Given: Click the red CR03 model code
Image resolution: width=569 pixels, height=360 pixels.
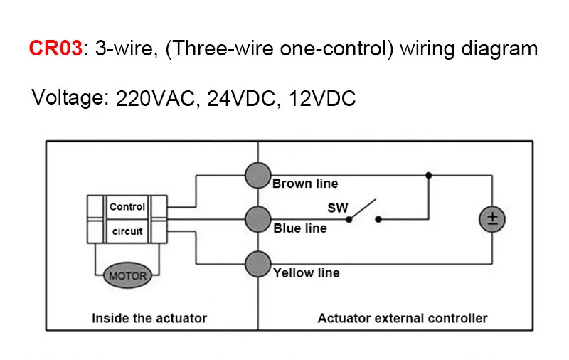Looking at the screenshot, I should (55, 48).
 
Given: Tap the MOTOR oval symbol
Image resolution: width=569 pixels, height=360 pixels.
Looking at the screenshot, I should (127, 275).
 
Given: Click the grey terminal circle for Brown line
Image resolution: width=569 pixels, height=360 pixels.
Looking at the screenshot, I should (257, 174).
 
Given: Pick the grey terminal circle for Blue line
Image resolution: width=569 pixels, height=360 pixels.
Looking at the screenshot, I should (257, 219).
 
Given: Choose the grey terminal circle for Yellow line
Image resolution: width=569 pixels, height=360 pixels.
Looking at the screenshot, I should (257, 264).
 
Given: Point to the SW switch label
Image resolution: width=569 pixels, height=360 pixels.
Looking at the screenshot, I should (337, 208).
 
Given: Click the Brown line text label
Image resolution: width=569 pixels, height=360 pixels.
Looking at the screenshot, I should (305, 184).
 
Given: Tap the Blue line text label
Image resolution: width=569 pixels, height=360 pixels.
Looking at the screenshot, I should (300, 228).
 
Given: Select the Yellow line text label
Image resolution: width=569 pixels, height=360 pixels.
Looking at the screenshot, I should (307, 272).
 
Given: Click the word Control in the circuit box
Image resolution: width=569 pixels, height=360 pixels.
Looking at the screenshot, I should (127, 207).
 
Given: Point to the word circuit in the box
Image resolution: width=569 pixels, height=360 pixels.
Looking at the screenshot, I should (127, 231).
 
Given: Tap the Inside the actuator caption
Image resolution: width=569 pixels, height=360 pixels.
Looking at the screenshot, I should (149, 318).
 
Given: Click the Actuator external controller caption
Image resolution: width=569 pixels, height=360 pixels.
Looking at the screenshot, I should (403, 318).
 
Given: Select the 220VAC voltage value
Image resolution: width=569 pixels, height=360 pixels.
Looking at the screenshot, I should (155, 99).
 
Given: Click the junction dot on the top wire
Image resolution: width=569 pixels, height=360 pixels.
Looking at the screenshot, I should (427, 174).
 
